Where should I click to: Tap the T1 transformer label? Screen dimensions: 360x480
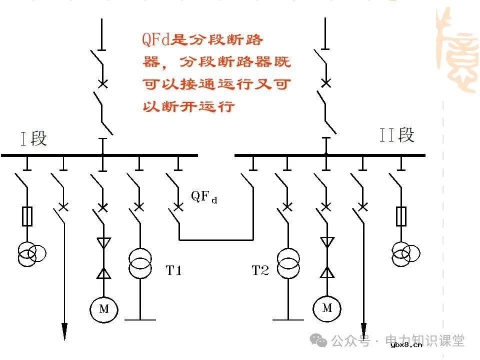click(173, 271)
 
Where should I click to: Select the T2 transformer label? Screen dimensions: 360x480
click(260, 271)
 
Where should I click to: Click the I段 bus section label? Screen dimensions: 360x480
click(33, 138)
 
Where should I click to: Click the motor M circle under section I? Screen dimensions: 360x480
click(103, 309)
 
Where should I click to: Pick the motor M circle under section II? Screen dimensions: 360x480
click(327, 307)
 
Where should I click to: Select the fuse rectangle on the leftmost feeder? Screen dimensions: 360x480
click(28, 216)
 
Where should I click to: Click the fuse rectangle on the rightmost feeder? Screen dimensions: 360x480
click(401, 215)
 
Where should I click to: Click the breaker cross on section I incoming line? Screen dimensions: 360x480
click(102, 83)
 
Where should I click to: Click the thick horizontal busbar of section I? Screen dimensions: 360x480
click(100, 155)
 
